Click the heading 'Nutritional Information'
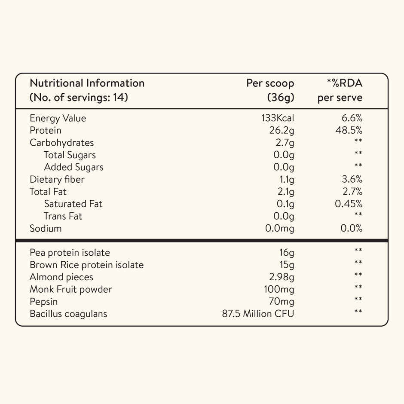pyautogui.click(x=87, y=83)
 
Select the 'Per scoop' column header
pyautogui.click(x=270, y=83)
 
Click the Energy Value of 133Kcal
pyautogui.click(x=277, y=118)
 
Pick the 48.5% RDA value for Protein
pyautogui.click(x=349, y=130)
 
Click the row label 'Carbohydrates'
pyautogui.click(x=61, y=143)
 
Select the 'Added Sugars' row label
pyautogui.click(x=73, y=167)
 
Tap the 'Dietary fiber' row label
pyautogui.click(x=57, y=179)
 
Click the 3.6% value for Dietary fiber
pyautogui.click(x=351, y=179)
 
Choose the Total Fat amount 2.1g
pyautogui.click(x=285, y=192)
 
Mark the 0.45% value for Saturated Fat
pyautogui.click(x=349, y=204)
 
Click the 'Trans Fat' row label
pyautogui.click(x=63, y=216)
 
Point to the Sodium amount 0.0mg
pyautogui.click(x=279, y=228)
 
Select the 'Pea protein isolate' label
pyautogui.click(x=70, y=253)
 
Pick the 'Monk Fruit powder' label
pyautogui.click(x=71, y=289)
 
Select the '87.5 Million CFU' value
pyautogui.click(x=258, y=314)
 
